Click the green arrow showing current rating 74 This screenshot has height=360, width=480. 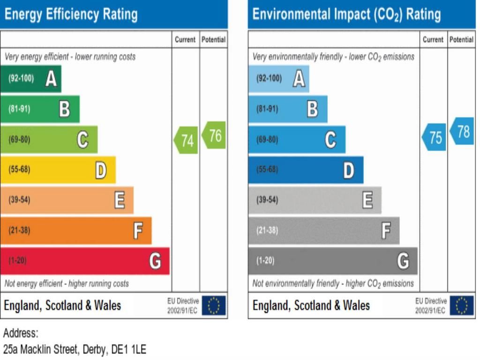[x=186, y=140]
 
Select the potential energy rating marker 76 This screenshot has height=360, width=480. [x=214, y=135]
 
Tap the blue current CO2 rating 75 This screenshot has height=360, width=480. [x=434, y=137]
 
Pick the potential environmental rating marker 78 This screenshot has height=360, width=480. [x=462, y=131]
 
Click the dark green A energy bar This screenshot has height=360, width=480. [x=31, y=79]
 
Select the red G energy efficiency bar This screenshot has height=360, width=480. [x=84, y=261]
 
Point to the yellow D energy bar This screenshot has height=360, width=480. [x=58, y=170]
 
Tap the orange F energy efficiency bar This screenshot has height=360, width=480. [x=75, y=231]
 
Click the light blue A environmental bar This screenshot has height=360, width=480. [x=279, y=79]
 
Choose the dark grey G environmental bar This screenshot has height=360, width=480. [x=332, y=261]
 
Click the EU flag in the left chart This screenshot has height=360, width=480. [x=214, y=306]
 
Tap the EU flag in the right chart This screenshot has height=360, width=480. [x=462, y=306]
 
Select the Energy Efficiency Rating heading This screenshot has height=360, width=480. [x=71, y=14]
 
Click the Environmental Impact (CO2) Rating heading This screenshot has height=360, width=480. [x=346, y=14]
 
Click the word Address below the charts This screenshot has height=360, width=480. [x=20, y=333]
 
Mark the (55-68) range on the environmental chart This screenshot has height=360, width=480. [x=267, y=170]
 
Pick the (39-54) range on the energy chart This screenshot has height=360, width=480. [x=19, y=200]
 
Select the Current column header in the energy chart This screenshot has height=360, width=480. [x=185, y=40]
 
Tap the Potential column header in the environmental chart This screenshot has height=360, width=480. [x=461, y=40]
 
